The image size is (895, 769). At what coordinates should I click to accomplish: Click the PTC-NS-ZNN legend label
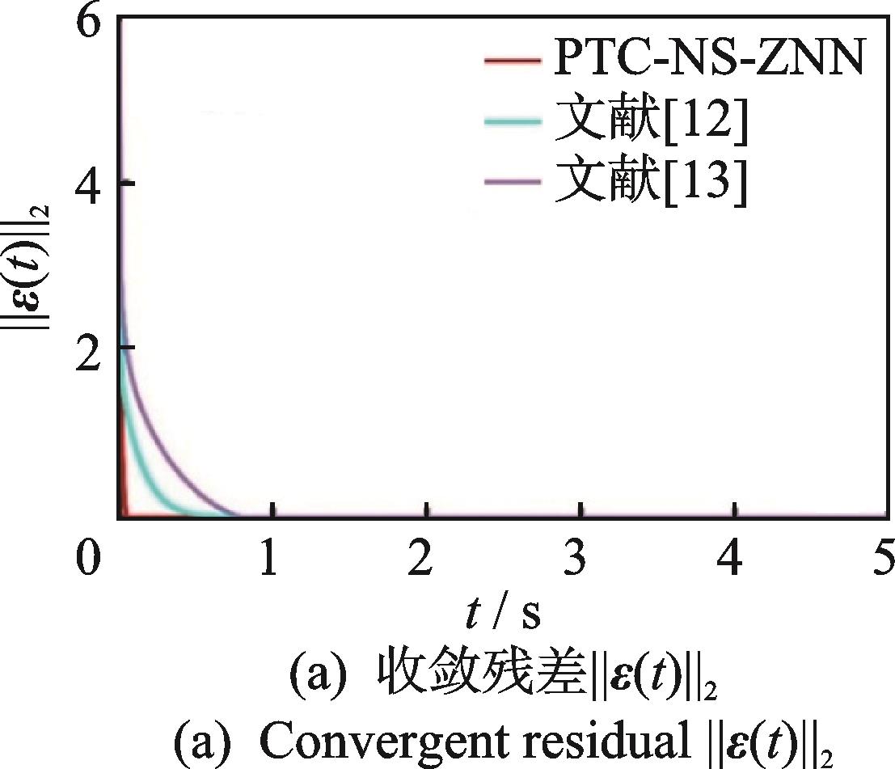[x=709, y=61]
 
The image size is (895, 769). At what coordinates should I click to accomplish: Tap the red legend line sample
[x=511, y=61]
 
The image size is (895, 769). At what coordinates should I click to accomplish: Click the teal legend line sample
[x=511, y=122]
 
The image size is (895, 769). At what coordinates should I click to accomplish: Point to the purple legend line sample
[x=511, y=184]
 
